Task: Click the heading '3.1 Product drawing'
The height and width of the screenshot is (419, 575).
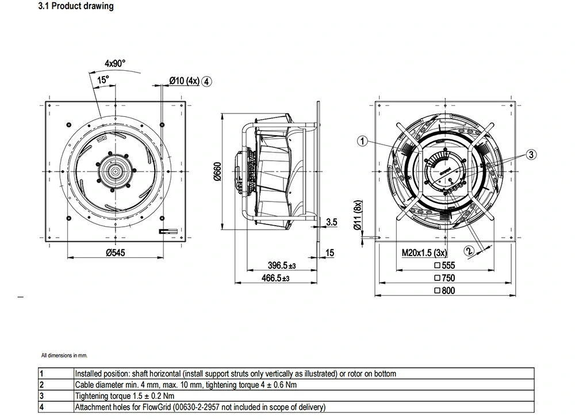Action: pos(75,7)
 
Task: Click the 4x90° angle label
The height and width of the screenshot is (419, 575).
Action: pos(114,63)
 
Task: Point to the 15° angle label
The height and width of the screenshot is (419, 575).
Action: pos(102,81)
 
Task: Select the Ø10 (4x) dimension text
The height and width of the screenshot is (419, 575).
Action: pos(184,81)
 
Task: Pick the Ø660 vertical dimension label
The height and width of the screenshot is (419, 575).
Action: pos(217,171)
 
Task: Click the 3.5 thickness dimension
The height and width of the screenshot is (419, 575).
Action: pos(331,222)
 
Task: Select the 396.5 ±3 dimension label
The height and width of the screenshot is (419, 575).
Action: pos(282,265)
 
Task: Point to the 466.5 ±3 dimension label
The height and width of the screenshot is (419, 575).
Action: pos(282,278)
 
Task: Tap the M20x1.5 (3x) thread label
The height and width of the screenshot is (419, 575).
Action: pos(424,253)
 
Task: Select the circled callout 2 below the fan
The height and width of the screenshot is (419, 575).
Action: pos(469,251)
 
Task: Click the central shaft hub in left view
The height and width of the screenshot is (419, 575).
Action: pos(116,171)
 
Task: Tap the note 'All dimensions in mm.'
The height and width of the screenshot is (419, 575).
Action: pos(64,356)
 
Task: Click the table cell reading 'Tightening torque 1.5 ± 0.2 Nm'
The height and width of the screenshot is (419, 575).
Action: pos(125,396)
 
